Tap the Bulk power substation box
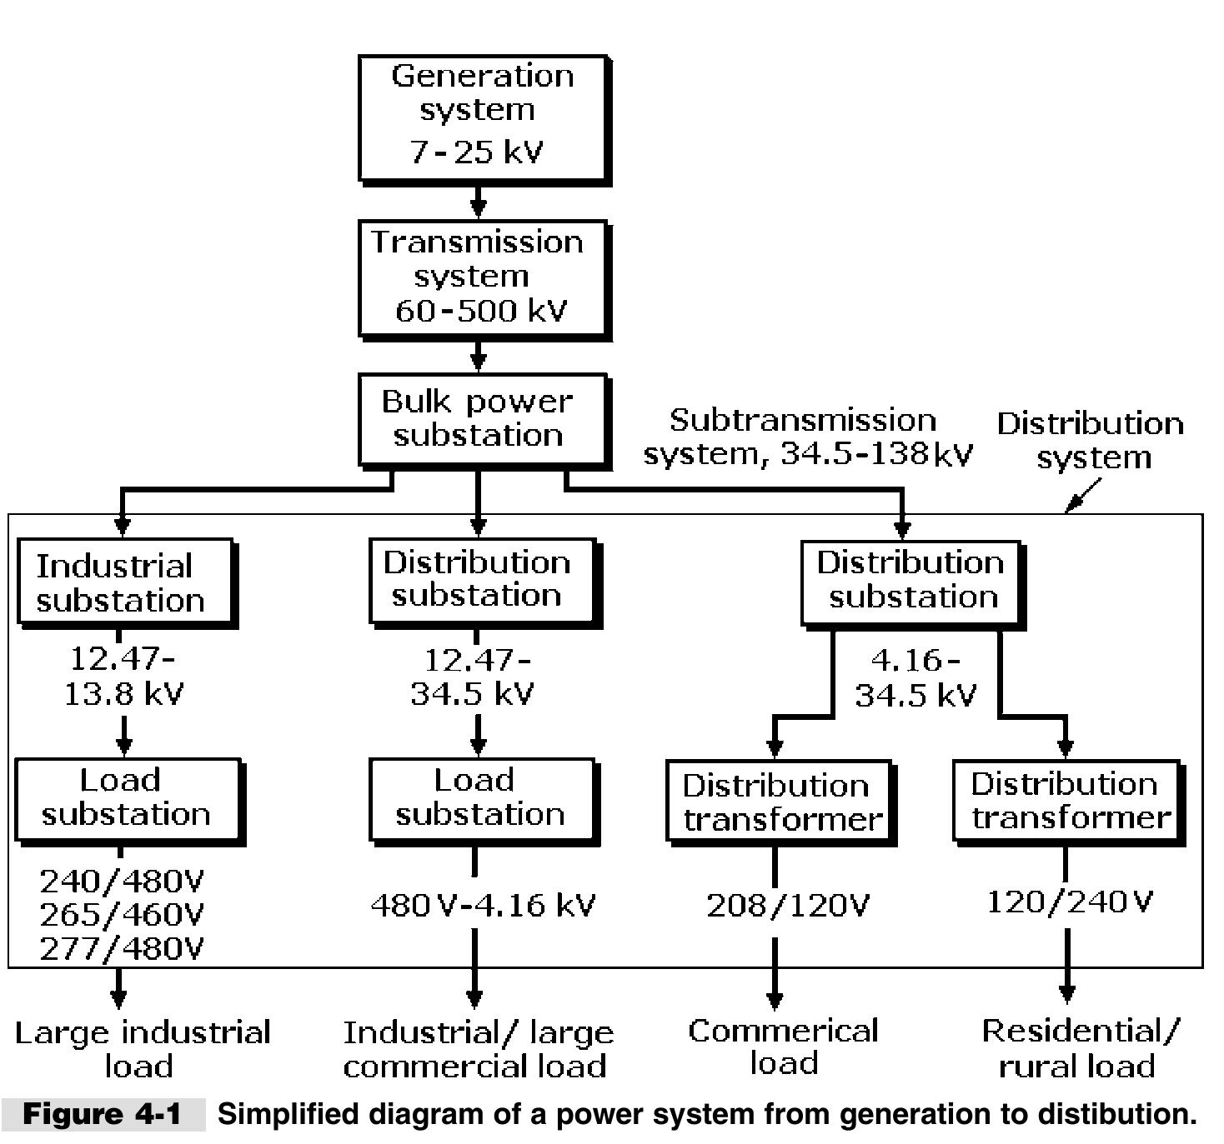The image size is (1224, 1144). click(482, 419)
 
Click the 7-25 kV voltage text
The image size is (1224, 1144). click(477, 152)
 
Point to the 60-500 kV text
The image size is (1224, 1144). click(481, 311)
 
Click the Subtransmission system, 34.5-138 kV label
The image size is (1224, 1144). click(807, 437)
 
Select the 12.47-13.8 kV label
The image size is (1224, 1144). click(123, 676)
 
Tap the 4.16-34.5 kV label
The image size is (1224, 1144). click(915, 677)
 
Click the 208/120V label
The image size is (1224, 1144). click(788, 905)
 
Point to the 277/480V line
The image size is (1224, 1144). click(122, 948)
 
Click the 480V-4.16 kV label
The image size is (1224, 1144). click(482, 905)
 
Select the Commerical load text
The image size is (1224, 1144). click(783, 1047)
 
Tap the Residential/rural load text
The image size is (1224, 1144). click(1080, 1048)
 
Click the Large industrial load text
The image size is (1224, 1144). click(143, 1049)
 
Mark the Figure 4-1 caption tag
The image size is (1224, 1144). click(102, 1114)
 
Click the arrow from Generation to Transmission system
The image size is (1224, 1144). click(478, 201)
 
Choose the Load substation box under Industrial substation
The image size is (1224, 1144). click(128, 798)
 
